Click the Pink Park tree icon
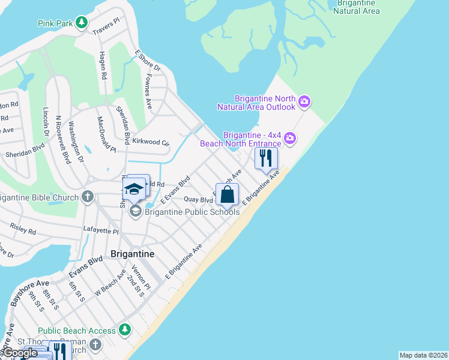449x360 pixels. click(x=82, y=23)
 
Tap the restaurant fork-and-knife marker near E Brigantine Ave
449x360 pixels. click(x=266, y=159)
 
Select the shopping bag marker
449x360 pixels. click(x=227, y=194)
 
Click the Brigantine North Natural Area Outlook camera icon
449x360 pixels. click(x=304, y=101)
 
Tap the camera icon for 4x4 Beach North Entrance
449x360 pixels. click(x=290, y=139)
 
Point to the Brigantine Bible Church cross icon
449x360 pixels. click(x=88, y=197)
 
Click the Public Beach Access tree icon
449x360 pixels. click(x=124, y=329)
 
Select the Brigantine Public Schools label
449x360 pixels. click(x=191, y=212)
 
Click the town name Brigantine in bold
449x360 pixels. click(x=133, y=254)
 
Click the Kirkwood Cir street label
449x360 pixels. click(x=151, y=142)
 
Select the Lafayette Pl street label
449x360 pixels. click(x=100, y=230)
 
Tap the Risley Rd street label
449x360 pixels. click(x=23, y=229)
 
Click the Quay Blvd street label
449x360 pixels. click(x=198, y=199)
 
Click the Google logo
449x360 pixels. click(x=20, y=353)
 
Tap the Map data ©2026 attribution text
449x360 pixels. click(x=423, y=355)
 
